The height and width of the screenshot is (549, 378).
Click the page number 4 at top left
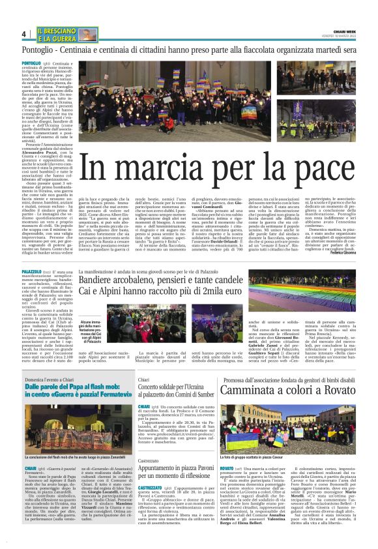[x=23, y=33]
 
